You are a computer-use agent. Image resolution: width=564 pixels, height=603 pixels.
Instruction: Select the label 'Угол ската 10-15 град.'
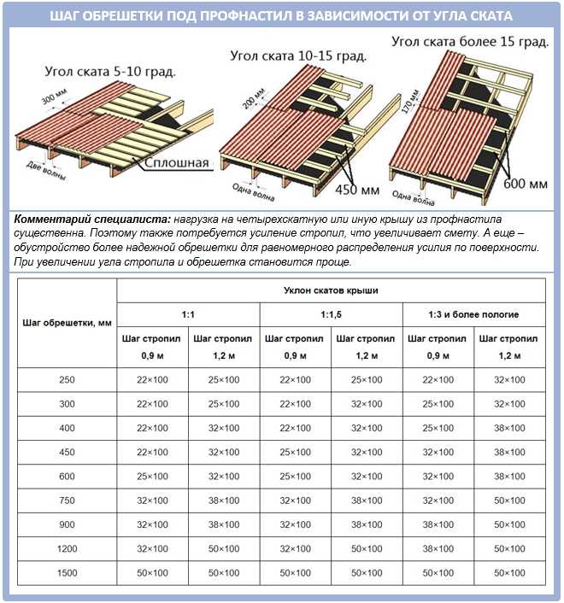[299, 56]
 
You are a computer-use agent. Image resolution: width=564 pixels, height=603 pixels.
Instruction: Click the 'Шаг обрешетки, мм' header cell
[67, 323]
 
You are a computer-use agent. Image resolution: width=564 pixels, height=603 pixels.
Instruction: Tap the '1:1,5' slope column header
[331, 314]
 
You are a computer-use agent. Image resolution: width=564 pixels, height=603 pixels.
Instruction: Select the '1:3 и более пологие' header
[474, 314]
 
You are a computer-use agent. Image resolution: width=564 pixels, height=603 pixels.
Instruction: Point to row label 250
[67, 379]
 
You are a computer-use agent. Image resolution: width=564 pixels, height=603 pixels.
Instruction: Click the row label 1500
[67, 571]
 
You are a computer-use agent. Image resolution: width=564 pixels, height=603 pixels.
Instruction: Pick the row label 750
[67, 500]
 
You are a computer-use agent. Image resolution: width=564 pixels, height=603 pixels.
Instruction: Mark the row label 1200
[67, 547]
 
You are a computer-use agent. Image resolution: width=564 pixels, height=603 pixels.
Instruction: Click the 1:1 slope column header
[187, 314]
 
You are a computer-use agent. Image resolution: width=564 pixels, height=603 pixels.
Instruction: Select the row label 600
[67, 476]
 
